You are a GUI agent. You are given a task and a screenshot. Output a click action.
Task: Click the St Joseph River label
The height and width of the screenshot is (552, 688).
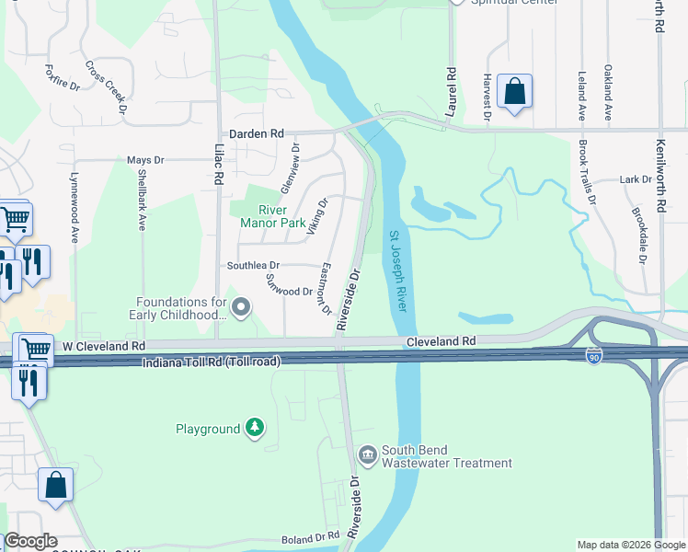coord(397,271)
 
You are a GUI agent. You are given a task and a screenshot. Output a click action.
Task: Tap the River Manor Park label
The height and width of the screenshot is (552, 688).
coord(272,215)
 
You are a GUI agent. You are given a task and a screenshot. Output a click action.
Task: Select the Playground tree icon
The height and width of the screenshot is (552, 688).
coord(255,429)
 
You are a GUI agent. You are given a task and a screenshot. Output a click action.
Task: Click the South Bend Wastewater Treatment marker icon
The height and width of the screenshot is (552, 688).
coord(367,454)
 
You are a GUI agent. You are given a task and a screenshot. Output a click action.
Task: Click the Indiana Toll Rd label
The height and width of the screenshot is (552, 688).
coord(211,362)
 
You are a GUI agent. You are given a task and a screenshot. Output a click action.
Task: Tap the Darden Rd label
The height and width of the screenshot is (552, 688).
coord(257,133)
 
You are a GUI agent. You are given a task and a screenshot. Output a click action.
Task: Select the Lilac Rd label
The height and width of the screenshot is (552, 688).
coord(220,165)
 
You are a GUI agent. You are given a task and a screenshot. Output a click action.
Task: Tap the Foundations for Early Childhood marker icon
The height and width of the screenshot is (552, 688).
coord(242,308)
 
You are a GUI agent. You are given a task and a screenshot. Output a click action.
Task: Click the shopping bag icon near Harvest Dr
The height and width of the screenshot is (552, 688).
coord(514,93)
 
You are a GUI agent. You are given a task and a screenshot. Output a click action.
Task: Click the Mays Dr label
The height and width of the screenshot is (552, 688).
coord(145,160)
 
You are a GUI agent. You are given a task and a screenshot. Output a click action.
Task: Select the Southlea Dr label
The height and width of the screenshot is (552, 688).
coord(254,266)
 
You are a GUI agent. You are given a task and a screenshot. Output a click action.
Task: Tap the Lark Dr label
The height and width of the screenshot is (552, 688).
coord(636,179)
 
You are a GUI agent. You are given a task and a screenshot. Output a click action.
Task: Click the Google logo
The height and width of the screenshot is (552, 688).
coord(29,541)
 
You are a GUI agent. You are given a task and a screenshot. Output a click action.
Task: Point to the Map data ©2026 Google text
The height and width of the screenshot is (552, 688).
coord(630,545)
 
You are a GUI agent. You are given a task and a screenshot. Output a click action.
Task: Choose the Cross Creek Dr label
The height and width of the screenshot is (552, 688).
coord(107,88)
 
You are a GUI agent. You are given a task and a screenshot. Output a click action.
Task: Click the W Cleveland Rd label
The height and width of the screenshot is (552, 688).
coord(103,346)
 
